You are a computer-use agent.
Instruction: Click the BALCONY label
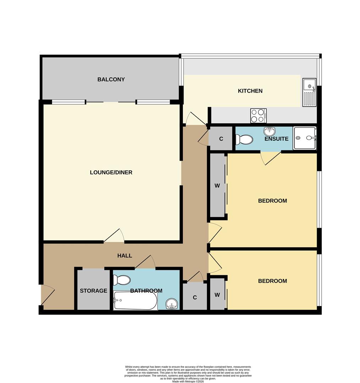(111, 79)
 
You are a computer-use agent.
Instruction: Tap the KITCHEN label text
(250, 91)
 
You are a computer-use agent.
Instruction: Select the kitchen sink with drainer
(309, 93)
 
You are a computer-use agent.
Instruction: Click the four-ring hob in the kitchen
(258, 115)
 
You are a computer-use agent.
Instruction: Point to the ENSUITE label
(276, 139)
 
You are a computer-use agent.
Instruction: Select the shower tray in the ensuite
(304, 138)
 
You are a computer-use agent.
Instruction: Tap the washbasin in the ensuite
(271, 131)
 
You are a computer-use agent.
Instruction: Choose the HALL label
(125, 255)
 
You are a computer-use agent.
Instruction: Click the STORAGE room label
(93, 291)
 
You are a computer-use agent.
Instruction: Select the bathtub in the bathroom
(135, 301)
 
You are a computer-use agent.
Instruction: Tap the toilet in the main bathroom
(121, 280)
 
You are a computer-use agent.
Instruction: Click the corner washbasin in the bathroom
(173, 304)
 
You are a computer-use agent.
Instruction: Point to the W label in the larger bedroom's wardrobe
(217, 185)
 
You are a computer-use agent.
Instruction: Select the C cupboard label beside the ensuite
(221, 139)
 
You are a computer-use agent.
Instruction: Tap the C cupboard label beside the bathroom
(195, 298)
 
